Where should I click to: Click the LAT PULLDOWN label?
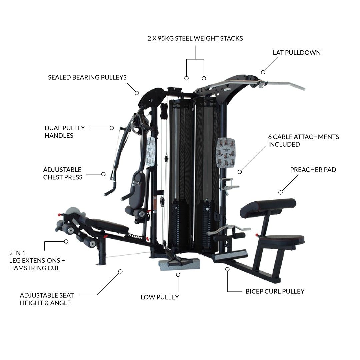297,53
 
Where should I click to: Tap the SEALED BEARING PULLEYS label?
87,77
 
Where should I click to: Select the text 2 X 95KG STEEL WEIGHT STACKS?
195,38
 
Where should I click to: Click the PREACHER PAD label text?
313,170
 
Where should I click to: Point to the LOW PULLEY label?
160,297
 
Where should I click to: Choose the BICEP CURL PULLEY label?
275,291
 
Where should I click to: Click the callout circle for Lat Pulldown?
263,72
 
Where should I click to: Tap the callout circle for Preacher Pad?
280,192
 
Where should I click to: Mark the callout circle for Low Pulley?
178,275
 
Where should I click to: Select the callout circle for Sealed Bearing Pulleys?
137,93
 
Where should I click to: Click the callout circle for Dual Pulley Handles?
112,128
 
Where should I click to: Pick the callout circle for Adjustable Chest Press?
103,174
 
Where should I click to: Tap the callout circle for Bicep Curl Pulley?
227,269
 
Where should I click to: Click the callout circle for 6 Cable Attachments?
240,172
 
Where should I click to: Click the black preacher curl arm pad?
268,208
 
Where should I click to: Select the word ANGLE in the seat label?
60,303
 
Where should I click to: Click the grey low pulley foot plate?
179,264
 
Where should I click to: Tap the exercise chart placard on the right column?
226,153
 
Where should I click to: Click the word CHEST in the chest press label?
52,177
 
